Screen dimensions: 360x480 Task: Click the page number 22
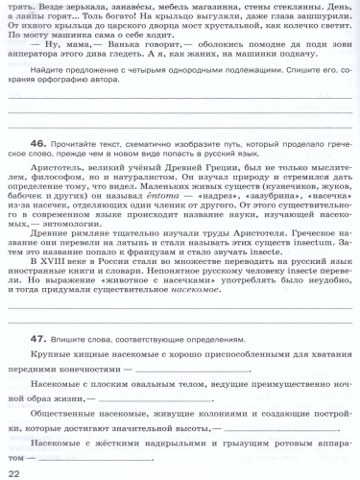13,472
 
